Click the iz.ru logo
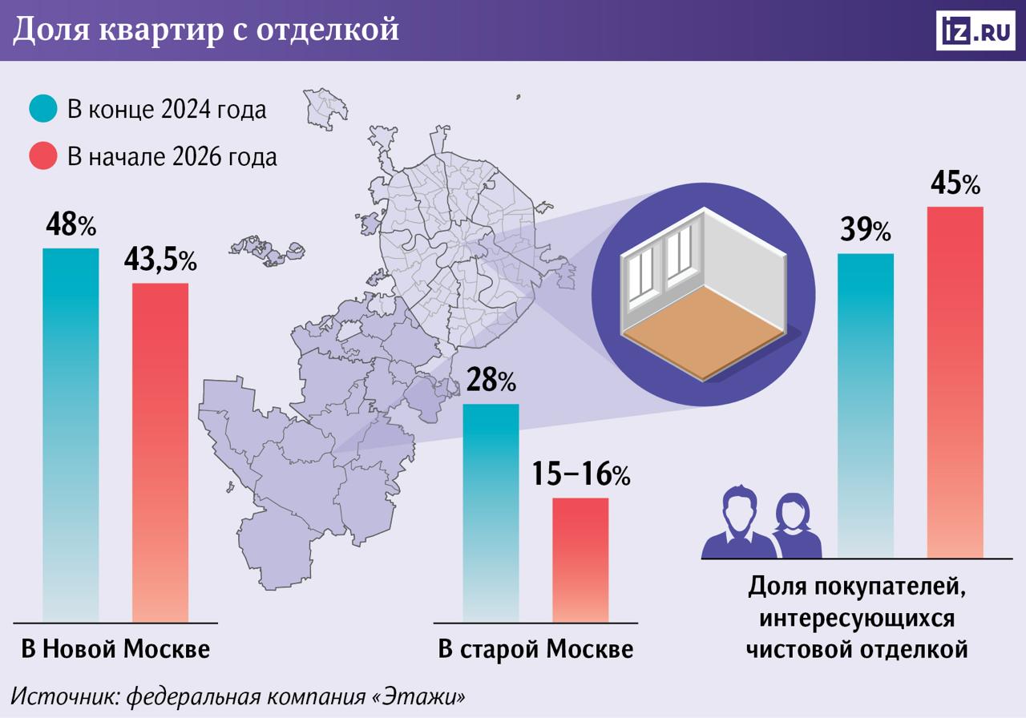click(975, 30)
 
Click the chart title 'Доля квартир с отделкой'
click(205, 30)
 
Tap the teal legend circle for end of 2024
click(43, 109)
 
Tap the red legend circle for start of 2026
click(43, 155)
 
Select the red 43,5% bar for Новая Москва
click(160, 452)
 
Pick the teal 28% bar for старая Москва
click(491, 513)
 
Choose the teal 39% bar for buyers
click(866, 405)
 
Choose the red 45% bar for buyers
click(955, 381)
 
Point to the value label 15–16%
click(580, 475)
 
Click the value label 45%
click(955, 184)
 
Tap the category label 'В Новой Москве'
click(115, 648)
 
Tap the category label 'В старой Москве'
click(535, 648)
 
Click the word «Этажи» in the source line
click(418, 694)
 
